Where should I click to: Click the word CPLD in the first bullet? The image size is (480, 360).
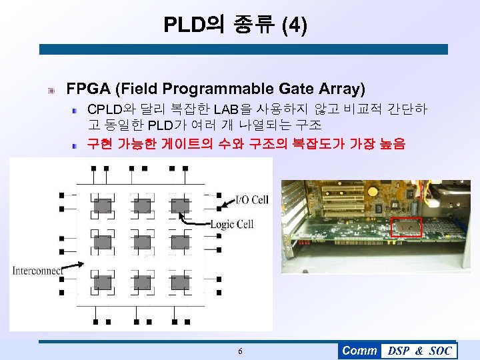[x=105, y=109]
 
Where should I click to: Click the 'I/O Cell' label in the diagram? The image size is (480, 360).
[x=252, y=199]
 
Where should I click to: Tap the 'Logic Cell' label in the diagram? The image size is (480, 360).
[x=231, y=224]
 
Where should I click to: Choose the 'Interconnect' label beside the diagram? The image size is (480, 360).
[x=37, y=270]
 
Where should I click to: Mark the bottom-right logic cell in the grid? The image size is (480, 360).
[x=180, y=281]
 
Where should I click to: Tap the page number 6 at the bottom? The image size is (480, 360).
[x=240, y=351]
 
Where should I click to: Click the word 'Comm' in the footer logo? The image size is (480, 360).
[x=359, y=351]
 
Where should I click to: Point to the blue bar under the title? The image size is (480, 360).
[x=243, y=49]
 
